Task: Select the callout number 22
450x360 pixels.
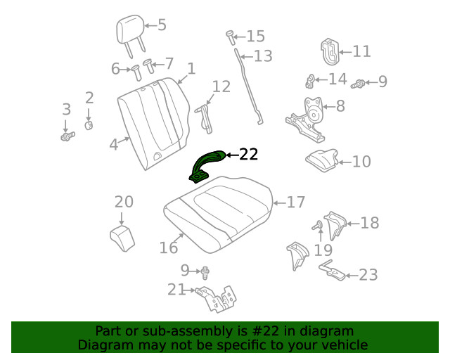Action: coord(249,155)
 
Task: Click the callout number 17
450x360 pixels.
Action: coord(296,202)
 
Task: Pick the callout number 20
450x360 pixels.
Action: coord(124,202)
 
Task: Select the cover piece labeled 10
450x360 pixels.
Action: coord(322,160)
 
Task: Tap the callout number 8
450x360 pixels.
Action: coord(340,107)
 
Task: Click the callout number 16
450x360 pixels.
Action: coord(169,247)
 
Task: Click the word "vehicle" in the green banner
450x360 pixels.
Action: coord(340,345)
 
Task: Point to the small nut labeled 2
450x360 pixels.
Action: coord(90,125)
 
